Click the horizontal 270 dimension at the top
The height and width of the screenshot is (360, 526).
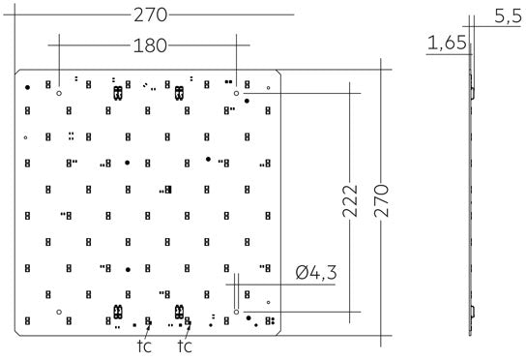[148, 15]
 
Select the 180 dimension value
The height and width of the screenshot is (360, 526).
[150, 45]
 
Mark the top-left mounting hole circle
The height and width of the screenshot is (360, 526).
[60, 93]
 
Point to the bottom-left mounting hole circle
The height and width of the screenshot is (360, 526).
[60, 312]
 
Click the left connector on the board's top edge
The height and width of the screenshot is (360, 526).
[118, 93]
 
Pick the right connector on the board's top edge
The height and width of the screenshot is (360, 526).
[178, 93]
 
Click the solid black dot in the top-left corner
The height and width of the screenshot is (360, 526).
[28, 87]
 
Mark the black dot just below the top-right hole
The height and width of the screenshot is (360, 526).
[248, 101]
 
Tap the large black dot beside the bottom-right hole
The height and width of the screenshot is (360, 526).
[249, 316]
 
